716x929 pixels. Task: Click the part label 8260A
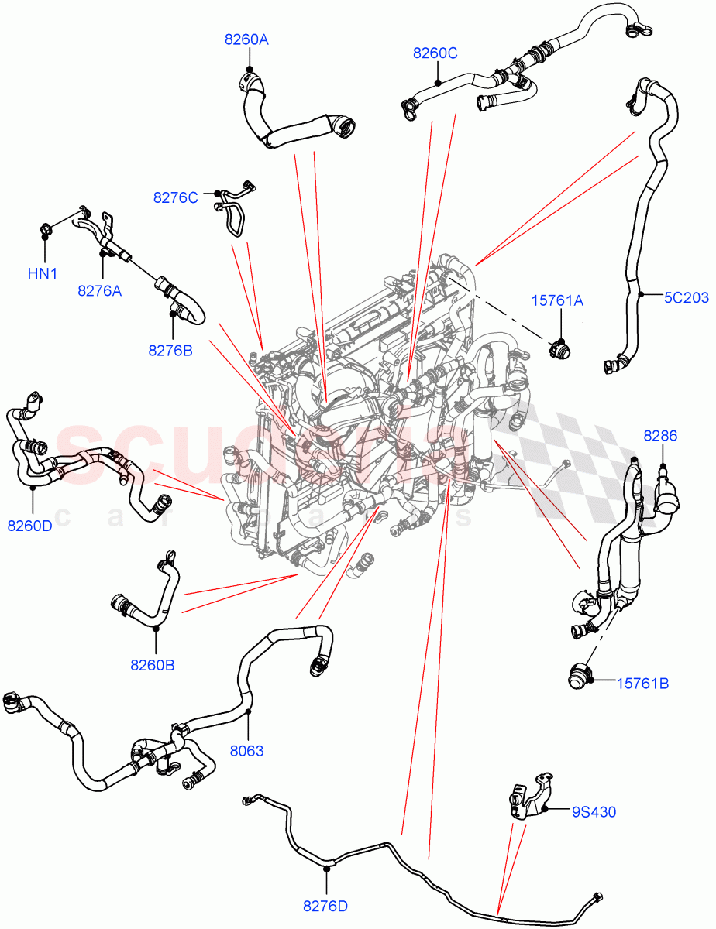(246, 39)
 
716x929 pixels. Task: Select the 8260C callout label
(435, 53)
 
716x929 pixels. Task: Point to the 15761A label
(556, 300)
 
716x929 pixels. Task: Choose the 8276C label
(175, 197)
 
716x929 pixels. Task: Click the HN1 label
(43, 273)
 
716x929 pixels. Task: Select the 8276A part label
(99, 290)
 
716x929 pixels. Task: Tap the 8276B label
(170, 350)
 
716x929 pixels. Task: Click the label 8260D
(29, 526)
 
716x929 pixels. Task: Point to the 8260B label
(152, 664)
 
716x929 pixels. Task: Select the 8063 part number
(247, 750)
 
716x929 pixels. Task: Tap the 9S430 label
(594, 811)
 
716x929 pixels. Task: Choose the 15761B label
(642, 683)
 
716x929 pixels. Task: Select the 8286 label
(660, 436)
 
